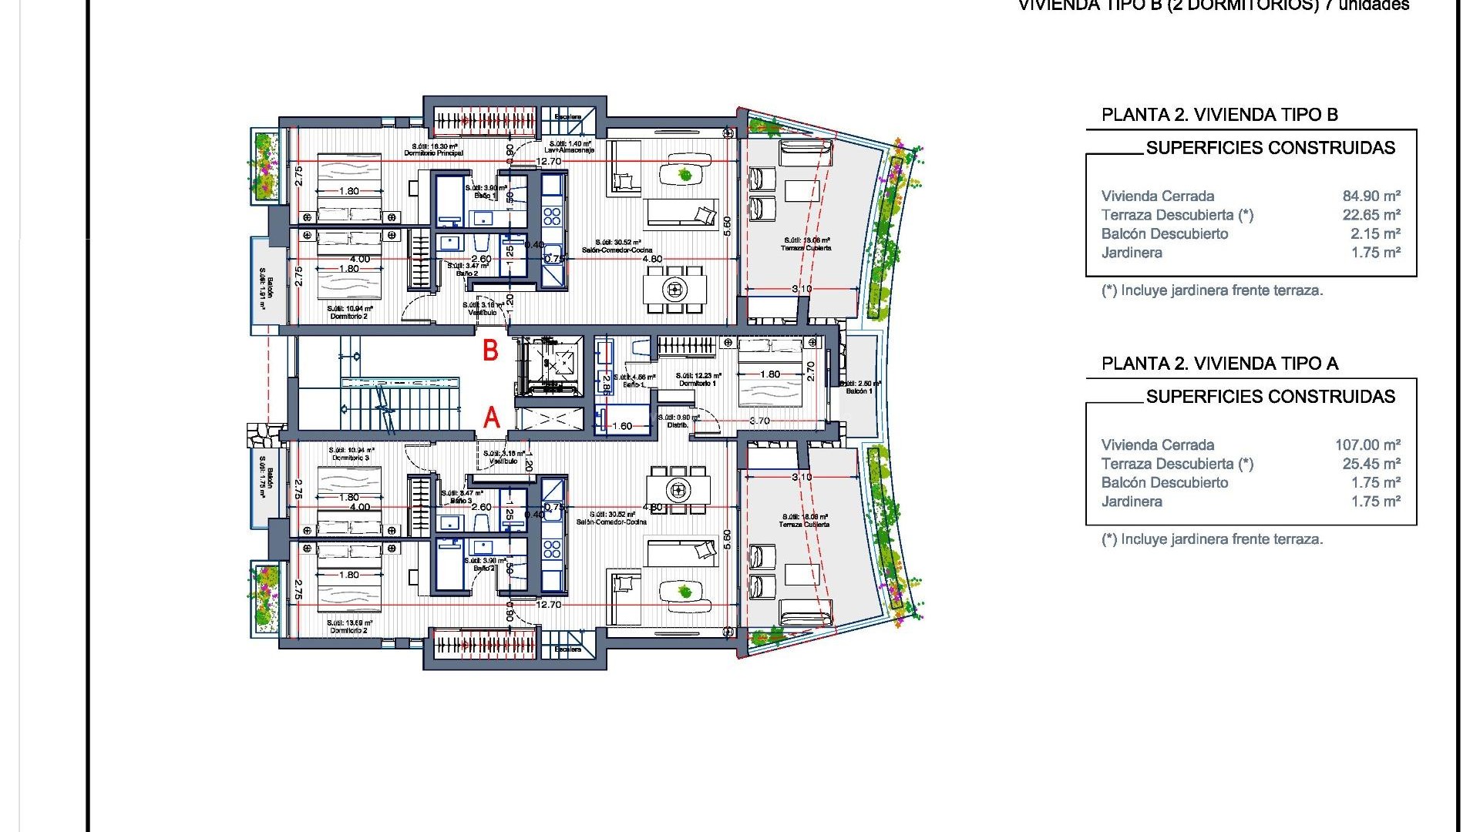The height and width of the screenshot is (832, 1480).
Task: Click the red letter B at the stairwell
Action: click(x=490, y=351)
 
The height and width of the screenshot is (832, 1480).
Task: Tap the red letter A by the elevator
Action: click(x=492, y=418)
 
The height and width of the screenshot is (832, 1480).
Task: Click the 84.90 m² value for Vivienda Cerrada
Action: click(x=1371, y=196)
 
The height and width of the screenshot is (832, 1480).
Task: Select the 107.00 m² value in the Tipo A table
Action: click(x=1367, y=445)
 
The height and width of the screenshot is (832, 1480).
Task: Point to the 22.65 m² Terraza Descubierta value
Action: click(x=1371, y=215)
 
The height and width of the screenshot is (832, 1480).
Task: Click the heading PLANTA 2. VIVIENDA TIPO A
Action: click(x=1219, y=364)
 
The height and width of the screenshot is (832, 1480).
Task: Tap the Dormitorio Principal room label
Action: click(x=434, y=153)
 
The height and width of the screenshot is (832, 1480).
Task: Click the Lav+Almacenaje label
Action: click(x=570, y=150)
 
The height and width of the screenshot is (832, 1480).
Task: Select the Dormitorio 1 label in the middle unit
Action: click(x=698, y=383)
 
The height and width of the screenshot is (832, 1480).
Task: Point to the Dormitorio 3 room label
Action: click(x=351, y=458)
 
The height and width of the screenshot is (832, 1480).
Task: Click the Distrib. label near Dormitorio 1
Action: click(x=678, y=424)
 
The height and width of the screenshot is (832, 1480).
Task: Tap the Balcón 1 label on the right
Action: click(x=859, y=391)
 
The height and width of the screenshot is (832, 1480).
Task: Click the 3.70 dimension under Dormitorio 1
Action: click(x=759, y=421)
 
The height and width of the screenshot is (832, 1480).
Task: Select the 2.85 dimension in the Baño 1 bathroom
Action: click(x=606, y=383)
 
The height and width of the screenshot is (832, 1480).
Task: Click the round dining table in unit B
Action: click(x=674, y=290)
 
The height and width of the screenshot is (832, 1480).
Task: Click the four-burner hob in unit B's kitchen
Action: click(x=552, y=215)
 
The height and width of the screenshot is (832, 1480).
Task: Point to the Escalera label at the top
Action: click(x=567, y=116)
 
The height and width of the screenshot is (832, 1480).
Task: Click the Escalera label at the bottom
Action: click(x=567, y=649)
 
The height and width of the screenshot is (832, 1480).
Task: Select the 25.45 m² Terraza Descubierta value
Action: click(x=1371, y=464)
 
